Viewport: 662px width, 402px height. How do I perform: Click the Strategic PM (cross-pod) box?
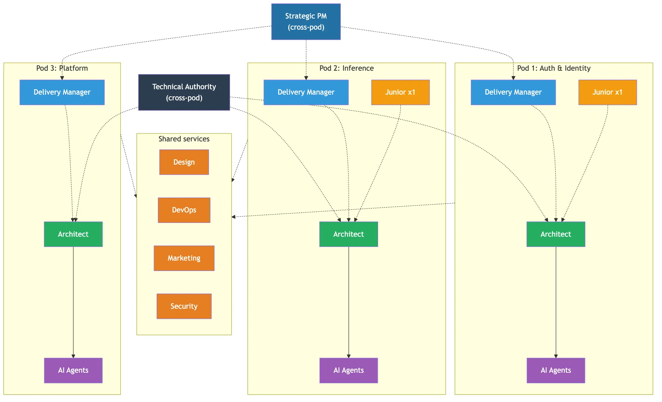click(x=306, y=22)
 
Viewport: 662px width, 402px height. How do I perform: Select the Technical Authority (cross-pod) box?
click(x=184, y=92)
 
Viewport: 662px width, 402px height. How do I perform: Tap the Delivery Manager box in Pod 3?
click(x=62, y=92)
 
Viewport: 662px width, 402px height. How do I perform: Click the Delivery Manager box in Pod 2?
click(x=306, y=92)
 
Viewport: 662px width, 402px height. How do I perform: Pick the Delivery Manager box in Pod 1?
click(x=513, y=92)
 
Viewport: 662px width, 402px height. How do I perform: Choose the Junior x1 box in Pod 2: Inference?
click(x=400, y=92)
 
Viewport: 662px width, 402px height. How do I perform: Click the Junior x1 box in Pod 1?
click(x=608, y=92)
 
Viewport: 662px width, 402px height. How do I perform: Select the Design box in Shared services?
click(x=184, y=162)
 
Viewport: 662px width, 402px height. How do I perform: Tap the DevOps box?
click(x=184, y=210)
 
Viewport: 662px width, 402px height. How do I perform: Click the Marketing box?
click(x=184, y=258)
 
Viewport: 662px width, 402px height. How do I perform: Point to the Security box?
click(x=184, y=306)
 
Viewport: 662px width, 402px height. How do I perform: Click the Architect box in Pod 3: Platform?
click(x=73, y=234)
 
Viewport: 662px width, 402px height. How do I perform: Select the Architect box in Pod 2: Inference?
click(x=348, y=234)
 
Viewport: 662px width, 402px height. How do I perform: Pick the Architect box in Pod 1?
click(x=556, y=234)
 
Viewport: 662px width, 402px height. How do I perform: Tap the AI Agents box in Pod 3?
click(x=73, y=370)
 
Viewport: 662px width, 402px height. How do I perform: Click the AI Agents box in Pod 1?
click(x=556, y=370)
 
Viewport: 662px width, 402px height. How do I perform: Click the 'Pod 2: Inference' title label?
click(x=346, y=68)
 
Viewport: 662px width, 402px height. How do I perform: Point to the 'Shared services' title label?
click(x=184, y=139)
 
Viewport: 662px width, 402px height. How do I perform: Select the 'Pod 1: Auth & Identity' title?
click(x=554, y=68)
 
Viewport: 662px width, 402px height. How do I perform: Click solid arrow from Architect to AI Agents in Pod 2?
click(x=348, y=303)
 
